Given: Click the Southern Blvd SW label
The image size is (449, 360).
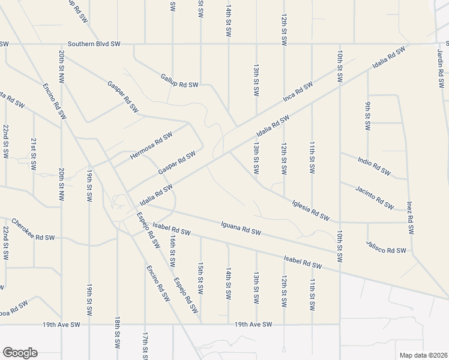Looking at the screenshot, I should [x=94, y=44].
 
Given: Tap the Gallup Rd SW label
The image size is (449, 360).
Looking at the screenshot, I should [x=179, y=81].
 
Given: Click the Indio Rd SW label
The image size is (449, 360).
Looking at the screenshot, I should [x=374, y=164].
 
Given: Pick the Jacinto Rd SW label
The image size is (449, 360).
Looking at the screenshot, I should [x=373, y=197].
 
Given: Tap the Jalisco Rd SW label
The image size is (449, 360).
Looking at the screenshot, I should [x=386, y=247].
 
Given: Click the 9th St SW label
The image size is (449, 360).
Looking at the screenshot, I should [x=367, y=116].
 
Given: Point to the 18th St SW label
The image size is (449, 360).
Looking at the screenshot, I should [x=118, y=332].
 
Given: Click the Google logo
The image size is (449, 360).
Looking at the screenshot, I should [x=20, y=353].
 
